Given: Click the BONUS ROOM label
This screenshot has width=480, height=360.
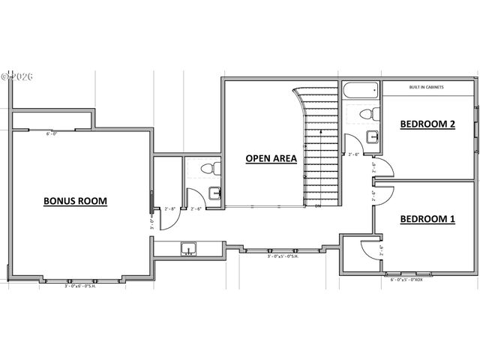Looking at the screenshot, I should pyautogui.click(x=75, y=180).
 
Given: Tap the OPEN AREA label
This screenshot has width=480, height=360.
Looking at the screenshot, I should pyautogui.click(x=271, y=158).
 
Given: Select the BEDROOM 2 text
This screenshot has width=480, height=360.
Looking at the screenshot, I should pyautogui.click(x=427, y=124).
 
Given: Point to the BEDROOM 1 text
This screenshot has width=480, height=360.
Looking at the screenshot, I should pyautogui.click(x=427, y=219).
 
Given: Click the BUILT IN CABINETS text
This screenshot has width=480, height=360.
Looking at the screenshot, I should pyautogui.click(x=426, y=88).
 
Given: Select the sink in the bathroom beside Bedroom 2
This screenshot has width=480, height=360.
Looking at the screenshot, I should pyautogui.click(x=372, y=136).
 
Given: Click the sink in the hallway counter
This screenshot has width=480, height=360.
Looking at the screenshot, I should pyautogui.click(x=188, y=248).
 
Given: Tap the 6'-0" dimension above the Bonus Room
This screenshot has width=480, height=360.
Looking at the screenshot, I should pyautogui.click(x=52, y=134).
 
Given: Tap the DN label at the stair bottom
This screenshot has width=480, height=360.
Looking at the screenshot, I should pyautogui.click(x=318, y=205).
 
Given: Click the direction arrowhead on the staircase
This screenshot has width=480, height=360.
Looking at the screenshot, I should pyautogui.click(x=321, y=132).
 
